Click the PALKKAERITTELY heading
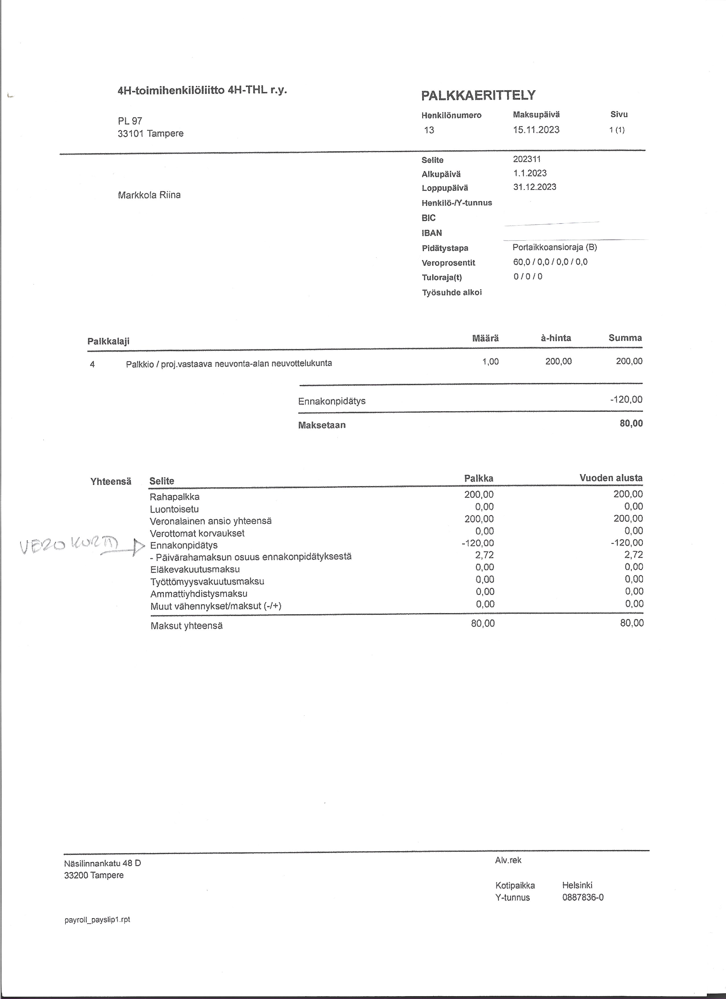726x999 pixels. point(478,95)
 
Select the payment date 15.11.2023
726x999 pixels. point(536,130)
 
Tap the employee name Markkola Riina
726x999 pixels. point(149,195)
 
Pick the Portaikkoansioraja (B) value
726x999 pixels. point(554,247)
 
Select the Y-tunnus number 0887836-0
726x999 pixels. point(583,897)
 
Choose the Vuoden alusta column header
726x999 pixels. point(611,478)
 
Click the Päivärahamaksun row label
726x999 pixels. point(251,557)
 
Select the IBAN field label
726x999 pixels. point(431,233)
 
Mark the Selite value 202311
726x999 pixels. point(526,159)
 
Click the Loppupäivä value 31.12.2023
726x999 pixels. point(534,187)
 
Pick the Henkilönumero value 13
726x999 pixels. point(429,130)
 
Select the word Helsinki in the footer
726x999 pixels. point(577,885)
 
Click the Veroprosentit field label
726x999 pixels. point(448,263)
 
